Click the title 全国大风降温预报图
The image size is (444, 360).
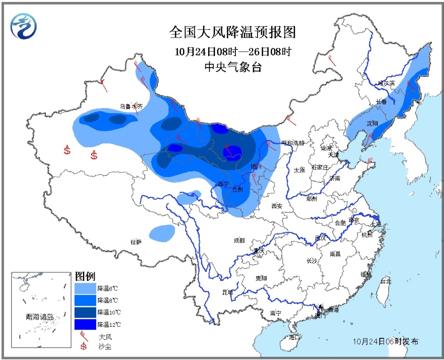[232, 33]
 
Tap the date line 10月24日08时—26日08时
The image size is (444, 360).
[232, 51]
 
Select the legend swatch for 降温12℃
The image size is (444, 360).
[85, 325]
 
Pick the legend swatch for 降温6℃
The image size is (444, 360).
[85, 288]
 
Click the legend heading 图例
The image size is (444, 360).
[85, 277]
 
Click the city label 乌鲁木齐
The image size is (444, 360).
[131, 106]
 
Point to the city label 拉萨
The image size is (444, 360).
[136, 242]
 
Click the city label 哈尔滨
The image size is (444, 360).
[386, 83]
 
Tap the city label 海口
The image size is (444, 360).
[294, 337]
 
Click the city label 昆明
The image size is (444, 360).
[228, 292]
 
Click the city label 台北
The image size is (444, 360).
[385, 281]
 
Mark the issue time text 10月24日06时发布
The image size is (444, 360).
[386, 342]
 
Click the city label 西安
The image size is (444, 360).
[277, 206]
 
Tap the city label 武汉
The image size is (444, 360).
[320, 238]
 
